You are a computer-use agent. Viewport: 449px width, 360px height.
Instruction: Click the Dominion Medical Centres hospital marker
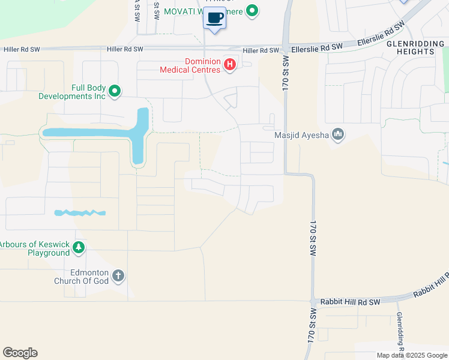pos(229,65)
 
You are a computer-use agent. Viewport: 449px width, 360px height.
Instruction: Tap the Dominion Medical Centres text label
pos(191,65)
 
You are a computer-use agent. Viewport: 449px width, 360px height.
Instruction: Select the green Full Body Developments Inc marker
pos(115,92)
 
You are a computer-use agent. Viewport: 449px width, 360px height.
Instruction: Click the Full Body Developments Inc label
pos(72,92)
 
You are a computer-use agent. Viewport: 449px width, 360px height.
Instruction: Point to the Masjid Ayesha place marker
pos(338,134)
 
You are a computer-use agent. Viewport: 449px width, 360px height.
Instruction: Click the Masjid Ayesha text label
pos(301,135)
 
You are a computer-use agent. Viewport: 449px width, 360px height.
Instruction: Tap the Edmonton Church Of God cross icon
pos(118,275)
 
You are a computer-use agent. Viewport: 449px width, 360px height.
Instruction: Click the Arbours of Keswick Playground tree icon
pos(78,248)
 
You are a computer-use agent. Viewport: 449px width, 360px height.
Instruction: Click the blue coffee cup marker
pos(215,18)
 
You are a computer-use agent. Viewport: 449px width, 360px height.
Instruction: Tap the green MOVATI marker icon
pos(253,10)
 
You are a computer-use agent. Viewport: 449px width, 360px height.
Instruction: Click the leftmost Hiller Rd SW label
pos(22,49)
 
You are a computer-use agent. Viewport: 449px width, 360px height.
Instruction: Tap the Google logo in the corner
pos(20,353)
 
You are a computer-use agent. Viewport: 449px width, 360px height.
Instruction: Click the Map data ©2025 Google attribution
pos(411,355)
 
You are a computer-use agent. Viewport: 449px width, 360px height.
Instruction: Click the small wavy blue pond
pos(80,213)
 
